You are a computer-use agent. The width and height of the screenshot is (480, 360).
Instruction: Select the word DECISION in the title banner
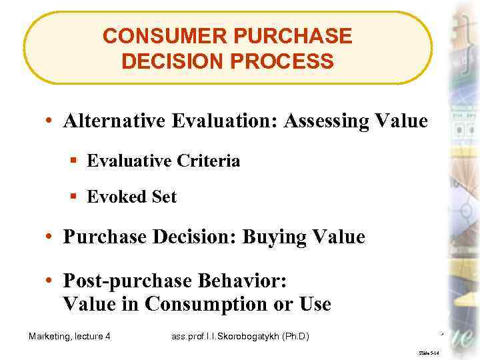click(x=173, y=61)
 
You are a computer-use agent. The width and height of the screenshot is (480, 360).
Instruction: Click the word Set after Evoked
click(x=164, y=197)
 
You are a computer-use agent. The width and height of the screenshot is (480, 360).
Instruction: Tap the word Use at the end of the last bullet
click(x=314, y=304)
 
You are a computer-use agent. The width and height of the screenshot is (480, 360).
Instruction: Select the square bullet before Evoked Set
click(x=74, y=197)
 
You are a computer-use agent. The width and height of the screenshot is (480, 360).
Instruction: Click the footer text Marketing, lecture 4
click(x=69, y=336)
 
